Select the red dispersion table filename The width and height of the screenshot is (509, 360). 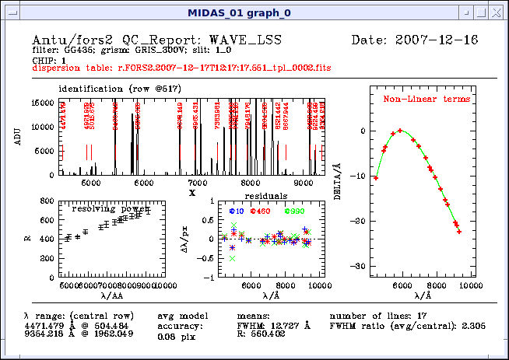coord(181,68)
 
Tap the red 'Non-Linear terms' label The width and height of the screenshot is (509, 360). coord(426,100)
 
